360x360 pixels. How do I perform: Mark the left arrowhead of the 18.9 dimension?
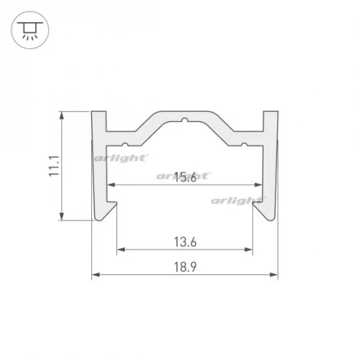point(95,274)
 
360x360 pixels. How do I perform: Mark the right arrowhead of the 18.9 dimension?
point(274,274)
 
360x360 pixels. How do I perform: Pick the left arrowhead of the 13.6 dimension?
point(120,250)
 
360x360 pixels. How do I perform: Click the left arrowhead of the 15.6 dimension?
point(111,185)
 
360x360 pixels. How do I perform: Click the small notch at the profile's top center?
point(185,119)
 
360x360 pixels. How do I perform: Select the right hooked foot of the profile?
point(264,208)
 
